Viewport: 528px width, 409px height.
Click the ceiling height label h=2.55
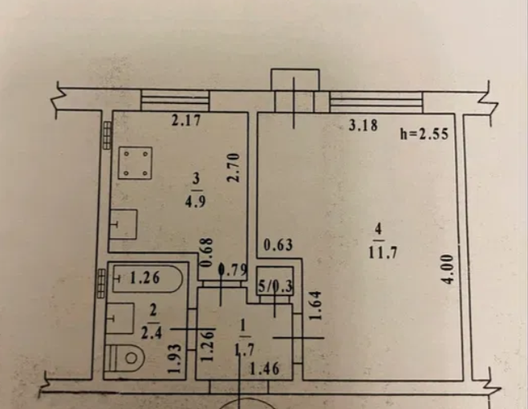tap(424, 134)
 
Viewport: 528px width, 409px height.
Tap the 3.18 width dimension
tap(363, 125)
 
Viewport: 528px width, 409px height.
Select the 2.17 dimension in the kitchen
tap(186, 120)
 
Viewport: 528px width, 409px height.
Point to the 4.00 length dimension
tap(450, 269)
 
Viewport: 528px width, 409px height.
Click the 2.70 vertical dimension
tap(233, 168)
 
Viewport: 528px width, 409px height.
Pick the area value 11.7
tap(383, 252)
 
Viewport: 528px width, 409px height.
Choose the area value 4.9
tap(195, 201)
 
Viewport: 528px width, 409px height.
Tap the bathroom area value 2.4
tap(151, 333)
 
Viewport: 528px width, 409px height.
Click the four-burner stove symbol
tap(136, 163)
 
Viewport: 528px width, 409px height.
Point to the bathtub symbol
tap(147, 279)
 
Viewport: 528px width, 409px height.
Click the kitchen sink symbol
tap(123, 224)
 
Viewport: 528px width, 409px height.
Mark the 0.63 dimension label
tap(278, 245)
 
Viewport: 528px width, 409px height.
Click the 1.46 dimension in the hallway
tap(264, 369)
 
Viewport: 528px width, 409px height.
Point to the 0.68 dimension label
tap(207, 252)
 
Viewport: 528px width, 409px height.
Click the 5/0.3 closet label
tap(275, 286)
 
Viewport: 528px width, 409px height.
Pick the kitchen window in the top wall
tap(175, 101)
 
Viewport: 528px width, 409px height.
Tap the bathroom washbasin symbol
tap(120, 318)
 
